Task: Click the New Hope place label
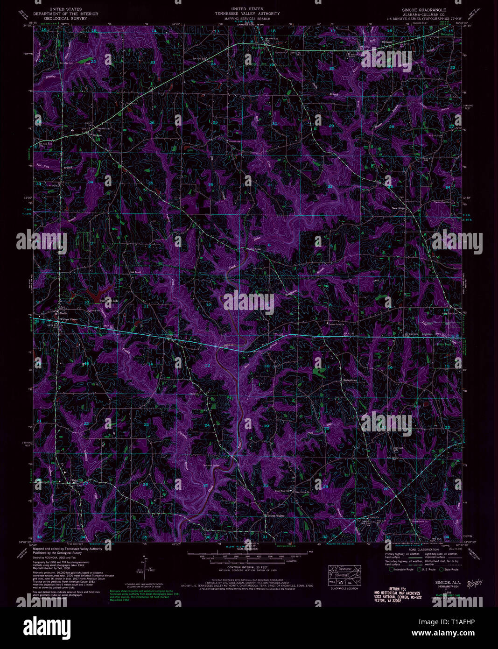tap(398, 208)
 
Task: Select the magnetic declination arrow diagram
tap(143, 566)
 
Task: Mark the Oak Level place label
tap(135, 271)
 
